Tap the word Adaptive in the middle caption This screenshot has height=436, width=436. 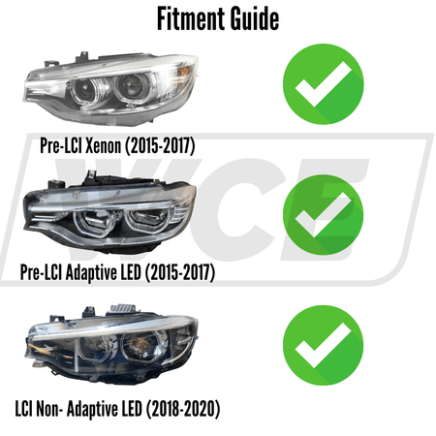94,274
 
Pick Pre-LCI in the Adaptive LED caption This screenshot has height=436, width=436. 41,274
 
